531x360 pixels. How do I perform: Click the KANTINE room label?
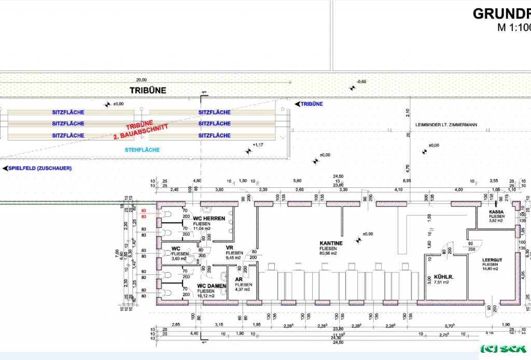[331, 243]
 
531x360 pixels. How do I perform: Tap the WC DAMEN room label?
[212, 286]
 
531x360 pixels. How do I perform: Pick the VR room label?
[229, 247]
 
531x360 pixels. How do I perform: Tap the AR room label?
[239, 279]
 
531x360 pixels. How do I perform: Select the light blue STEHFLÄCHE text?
[142, 150]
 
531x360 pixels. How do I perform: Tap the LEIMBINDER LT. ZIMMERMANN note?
[446, 125]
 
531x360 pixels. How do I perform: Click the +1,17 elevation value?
[258, 145]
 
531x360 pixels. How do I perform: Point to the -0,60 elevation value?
[361, 82]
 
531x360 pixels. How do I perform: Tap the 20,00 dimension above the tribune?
[141, 80]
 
